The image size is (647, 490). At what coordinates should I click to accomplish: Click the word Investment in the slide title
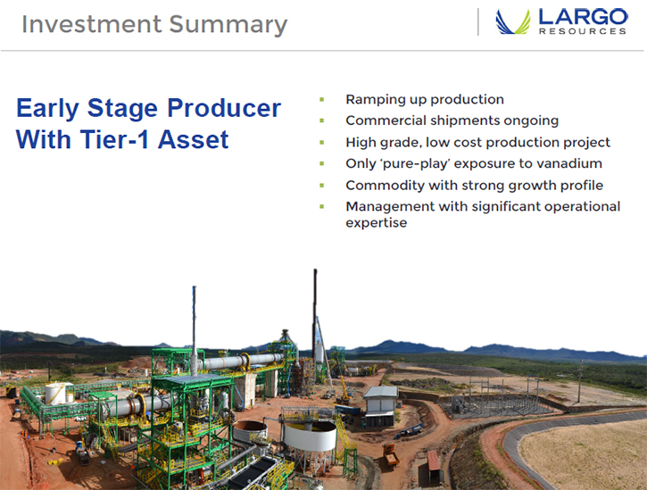[x=91, y=24]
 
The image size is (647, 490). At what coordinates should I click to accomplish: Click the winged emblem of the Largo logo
[x=513, y=22]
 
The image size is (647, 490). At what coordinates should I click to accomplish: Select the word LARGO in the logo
[x=583, y=17]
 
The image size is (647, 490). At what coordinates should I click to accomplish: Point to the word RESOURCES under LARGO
[x=583, y=31]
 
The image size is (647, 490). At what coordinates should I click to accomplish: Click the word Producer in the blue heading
[x=224, y=108]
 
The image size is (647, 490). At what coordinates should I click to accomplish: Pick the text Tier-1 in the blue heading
[x=114, y=139]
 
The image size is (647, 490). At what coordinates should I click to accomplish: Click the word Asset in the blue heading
[x=193, y=139]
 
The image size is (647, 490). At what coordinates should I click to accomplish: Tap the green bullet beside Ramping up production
[x=322, y=99]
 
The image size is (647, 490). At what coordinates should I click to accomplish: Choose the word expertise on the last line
[x=377, y=223]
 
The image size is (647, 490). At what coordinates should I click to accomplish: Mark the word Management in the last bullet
[x=390, y=207]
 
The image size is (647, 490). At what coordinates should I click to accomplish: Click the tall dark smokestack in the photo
[x=315, y=314]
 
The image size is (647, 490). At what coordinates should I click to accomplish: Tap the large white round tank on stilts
[x=309, y=436]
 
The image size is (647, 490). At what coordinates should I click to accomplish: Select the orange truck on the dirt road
[x=390, y=454]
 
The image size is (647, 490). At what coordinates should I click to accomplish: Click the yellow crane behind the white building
[x=344, y=390]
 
